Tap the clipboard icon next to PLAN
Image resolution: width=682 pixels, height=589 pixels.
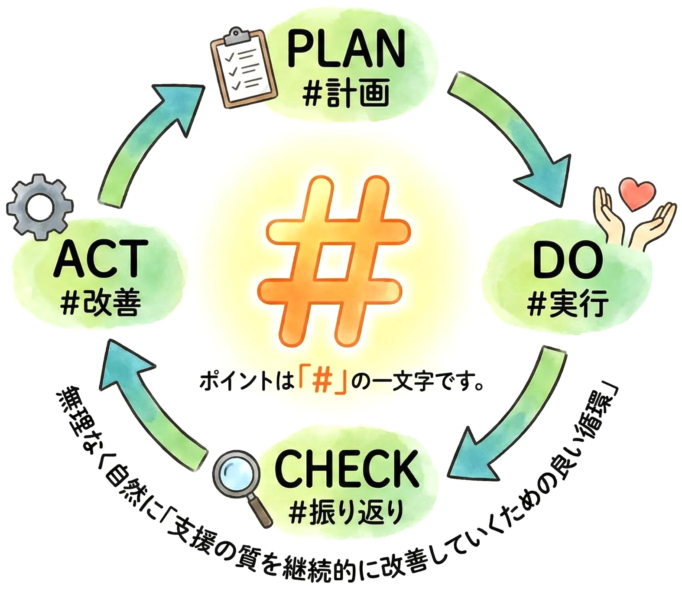click(244, 68)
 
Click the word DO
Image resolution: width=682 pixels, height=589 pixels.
click(568, 260)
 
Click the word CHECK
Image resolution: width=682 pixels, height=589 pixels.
click(347, 469)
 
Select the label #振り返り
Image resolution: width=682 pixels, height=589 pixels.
click(347, 512)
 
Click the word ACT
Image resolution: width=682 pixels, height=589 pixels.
click(98, 259)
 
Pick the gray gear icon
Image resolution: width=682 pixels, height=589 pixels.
click(40, 207)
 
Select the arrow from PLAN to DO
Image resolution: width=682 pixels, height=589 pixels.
click(513, 130)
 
